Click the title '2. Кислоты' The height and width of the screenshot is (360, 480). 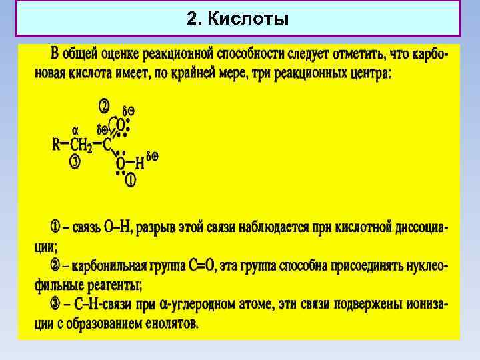click(x=238, y=19)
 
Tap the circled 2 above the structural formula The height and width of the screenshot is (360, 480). click(x=104, y=106)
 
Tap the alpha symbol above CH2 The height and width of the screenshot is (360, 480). click(x=75, y=130)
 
